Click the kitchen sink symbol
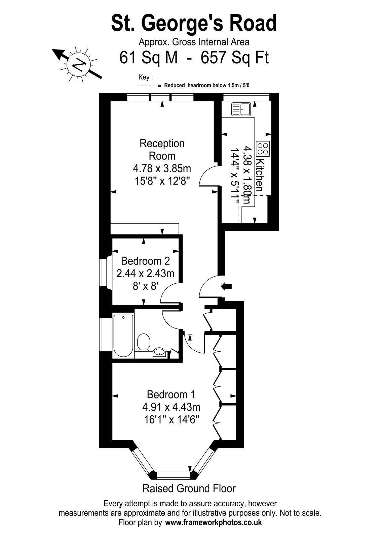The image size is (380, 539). (x=241, y=109)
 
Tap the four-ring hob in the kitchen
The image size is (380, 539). (x=263, y=149)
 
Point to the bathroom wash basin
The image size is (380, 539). (x=159, y=352)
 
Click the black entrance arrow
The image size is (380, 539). (x=226, y=286)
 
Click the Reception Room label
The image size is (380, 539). (x=162, y=150)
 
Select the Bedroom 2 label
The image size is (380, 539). (x=145, y=261)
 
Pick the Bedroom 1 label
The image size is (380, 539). (x=171, y=394)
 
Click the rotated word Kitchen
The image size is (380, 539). (x=259, y=175)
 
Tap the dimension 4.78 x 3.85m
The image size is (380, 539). (x=162, y=168)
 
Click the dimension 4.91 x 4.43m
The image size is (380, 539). (x=171, y=407)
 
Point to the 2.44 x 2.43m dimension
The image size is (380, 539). (x=145, y=274)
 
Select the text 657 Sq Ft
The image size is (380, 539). (x=235, y=58)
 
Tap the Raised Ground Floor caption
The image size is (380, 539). (x=189, y=488)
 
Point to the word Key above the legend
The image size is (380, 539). (x=144, y=77)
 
